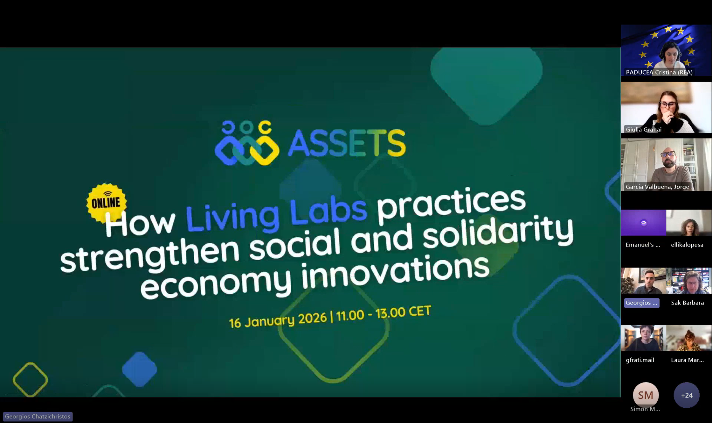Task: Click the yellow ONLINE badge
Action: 107,203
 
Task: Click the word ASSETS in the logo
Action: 347,143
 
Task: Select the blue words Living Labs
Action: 276,214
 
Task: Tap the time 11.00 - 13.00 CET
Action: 384,313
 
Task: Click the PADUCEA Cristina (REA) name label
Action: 659,72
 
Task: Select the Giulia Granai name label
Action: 644,129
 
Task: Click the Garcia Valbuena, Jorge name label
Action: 657,187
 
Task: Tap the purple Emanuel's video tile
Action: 643,223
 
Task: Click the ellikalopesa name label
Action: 687,245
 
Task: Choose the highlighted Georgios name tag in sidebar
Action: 641,303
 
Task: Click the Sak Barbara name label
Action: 687,303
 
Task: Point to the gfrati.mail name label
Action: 640,360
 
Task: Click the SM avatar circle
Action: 646,395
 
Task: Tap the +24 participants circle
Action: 687,395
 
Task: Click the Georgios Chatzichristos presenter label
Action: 38,416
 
